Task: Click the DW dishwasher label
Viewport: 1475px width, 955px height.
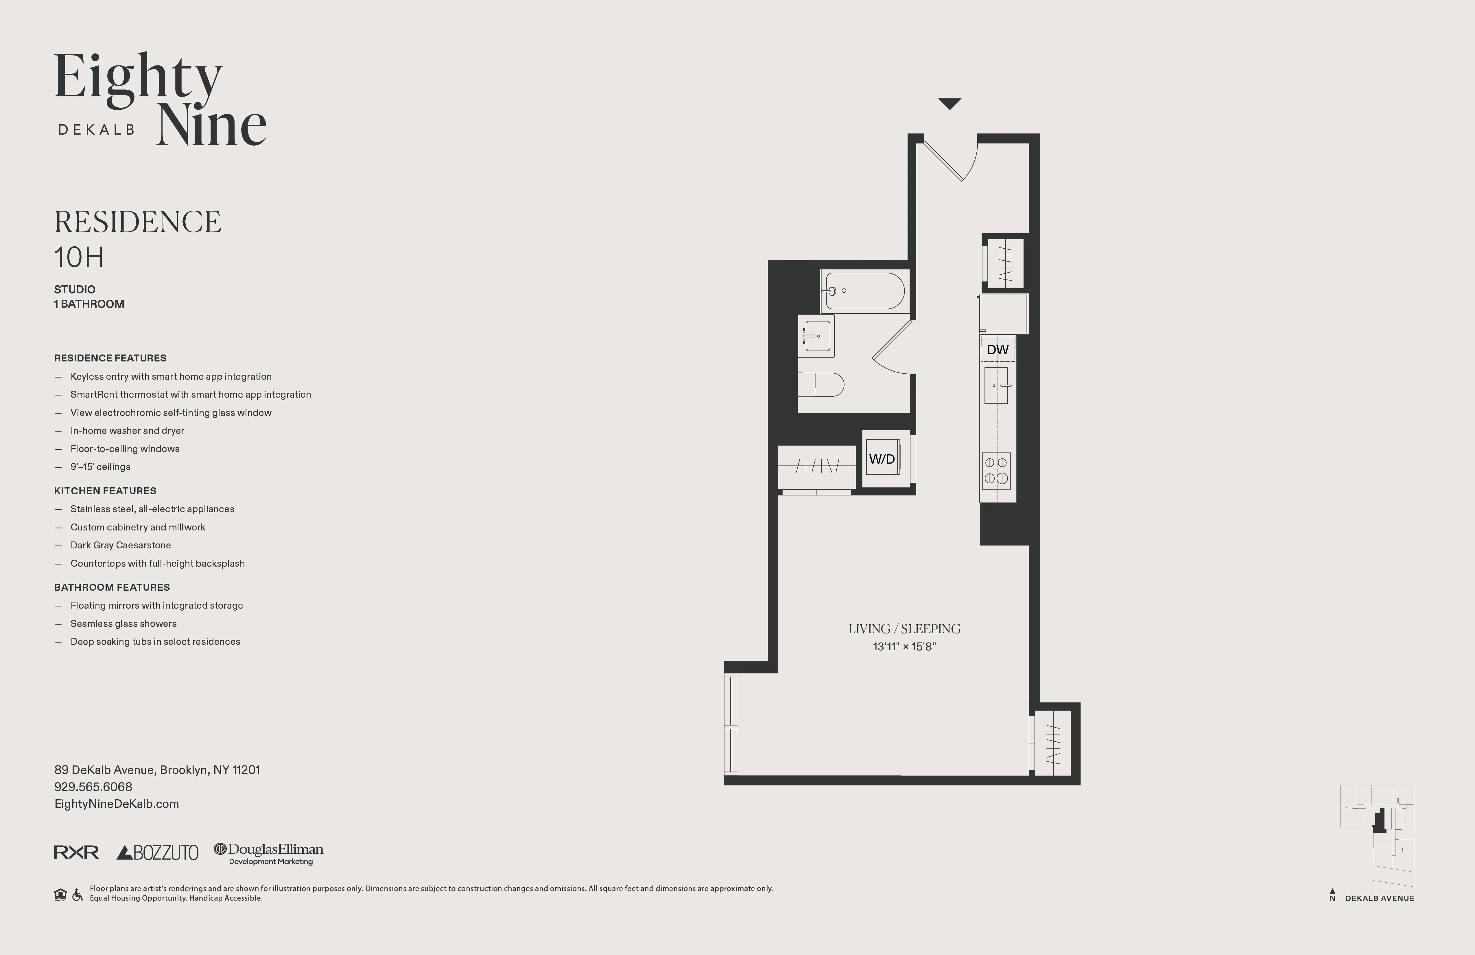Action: pyautogui.click(x=997, y=350)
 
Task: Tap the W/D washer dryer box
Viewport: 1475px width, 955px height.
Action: pyautogui.click(x=882, y=459)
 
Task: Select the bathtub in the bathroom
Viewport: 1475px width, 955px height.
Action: pyautogui.click(x=864, y=291)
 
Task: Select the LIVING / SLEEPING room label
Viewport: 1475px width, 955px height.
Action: pyautogui.click(x=904, y=629)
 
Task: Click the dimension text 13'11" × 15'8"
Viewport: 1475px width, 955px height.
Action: pyautogui.click(x=904, y=647)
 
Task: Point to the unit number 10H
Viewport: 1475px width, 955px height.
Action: pyautogui.click(x=79, y=257)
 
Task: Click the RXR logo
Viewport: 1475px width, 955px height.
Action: pyautogui.click(x=76, y=853)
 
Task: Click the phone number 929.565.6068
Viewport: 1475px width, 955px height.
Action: pyautogui.click(x=93, y=787)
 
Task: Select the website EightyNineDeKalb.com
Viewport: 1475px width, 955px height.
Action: pyautogui.click(x=117, y=804)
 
